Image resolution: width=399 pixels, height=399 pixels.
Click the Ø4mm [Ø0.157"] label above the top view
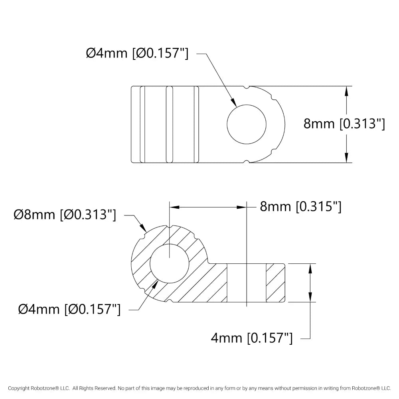[x=137, y=53]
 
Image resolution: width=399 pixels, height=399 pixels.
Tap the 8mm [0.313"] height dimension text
[x=344, y=124]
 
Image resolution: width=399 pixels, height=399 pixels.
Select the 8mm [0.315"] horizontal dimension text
[x=300, y=206]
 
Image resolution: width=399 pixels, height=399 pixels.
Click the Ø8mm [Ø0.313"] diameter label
[x=65, y=215]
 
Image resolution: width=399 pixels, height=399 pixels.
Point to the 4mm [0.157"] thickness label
[x=252, y=338]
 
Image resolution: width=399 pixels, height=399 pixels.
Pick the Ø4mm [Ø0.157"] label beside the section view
[x=69, y=310]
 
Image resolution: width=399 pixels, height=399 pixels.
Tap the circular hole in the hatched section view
[x=170, y=264]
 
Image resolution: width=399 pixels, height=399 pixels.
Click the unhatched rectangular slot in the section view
[x=246, y=283]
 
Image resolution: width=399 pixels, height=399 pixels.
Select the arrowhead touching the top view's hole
[x=233, y=102]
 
